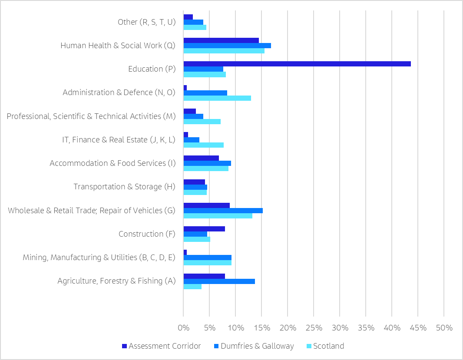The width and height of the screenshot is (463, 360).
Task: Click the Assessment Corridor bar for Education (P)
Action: coord(297,64)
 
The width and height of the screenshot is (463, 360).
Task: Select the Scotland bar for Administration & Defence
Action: coord(217,98)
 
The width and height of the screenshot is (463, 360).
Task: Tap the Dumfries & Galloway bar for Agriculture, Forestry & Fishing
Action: coord(219,281)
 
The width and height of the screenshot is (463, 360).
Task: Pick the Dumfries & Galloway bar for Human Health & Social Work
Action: coord(227,46)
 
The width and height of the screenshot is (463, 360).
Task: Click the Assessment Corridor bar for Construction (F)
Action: coord(204,229)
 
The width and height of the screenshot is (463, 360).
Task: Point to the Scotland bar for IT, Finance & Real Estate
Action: coord(203,145)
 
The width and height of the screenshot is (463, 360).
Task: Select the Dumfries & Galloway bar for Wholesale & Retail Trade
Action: coord(223,211)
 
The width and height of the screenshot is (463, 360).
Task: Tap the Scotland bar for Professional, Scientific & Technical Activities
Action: coord(202,121)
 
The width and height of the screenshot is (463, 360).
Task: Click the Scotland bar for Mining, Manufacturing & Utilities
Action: coord(207,263)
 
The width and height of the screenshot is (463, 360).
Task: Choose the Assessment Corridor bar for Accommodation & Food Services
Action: coord(201,158)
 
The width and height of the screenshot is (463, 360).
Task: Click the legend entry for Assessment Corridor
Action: coord(161,346)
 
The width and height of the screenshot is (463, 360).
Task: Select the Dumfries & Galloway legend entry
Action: coord(253,346)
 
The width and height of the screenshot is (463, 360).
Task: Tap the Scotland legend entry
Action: coord(325,346)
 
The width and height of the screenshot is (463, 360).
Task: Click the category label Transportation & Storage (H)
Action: coord(124,187)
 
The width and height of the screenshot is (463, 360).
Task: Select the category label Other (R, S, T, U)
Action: coord(146,22)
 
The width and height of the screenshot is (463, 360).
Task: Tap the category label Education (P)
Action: coord(152,69)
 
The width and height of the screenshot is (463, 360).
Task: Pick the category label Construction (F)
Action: coord(147,234)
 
